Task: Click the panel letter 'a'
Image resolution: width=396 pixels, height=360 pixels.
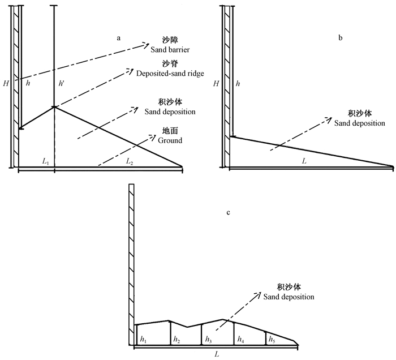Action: (119, 38)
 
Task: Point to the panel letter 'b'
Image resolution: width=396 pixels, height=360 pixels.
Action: (340, 38)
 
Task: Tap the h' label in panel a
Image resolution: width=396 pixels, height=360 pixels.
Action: (62, 83)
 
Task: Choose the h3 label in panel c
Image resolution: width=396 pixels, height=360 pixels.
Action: (208, 339)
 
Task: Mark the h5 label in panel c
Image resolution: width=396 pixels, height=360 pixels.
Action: (272, 339)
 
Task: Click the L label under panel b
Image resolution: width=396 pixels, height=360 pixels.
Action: (304, 161)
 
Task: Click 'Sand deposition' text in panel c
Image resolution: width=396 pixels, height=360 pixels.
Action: (287, 297)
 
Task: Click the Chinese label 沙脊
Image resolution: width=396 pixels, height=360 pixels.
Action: (168, 64)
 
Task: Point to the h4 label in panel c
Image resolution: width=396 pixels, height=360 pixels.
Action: (240, 339)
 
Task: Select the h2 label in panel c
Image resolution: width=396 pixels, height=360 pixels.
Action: (177, 339)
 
